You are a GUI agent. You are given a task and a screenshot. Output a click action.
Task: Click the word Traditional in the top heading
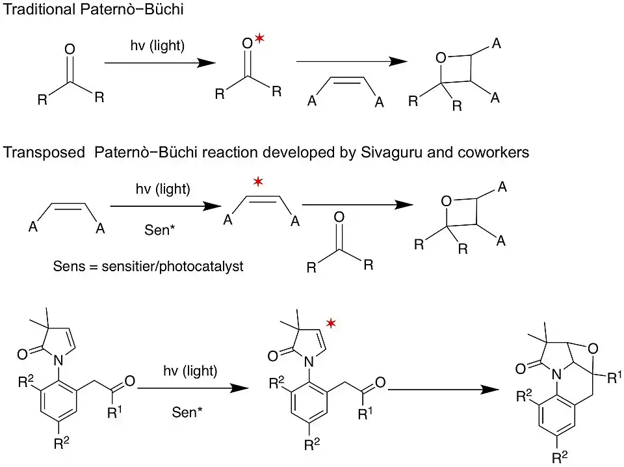pos(32,10)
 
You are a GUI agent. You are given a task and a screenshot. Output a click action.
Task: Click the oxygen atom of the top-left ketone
pos(70,49)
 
